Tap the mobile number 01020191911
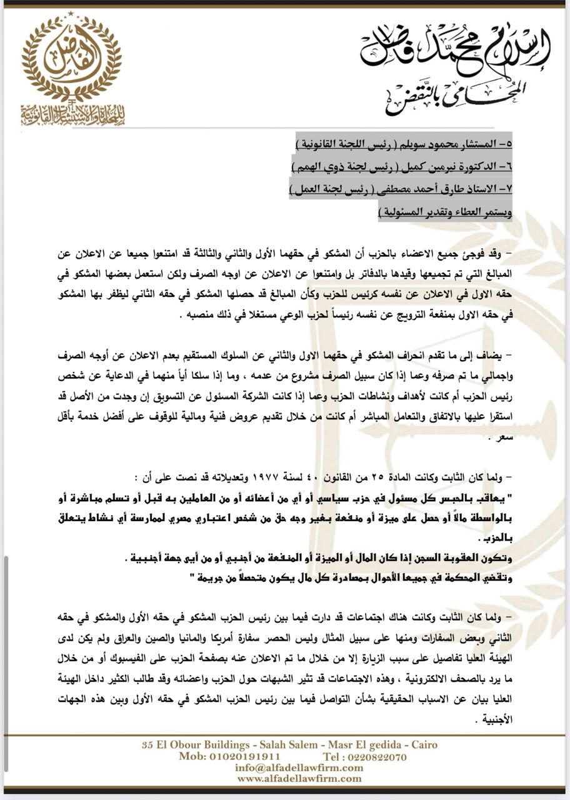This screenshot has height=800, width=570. coord(229,756)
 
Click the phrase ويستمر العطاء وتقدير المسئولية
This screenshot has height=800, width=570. coord(446,213)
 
